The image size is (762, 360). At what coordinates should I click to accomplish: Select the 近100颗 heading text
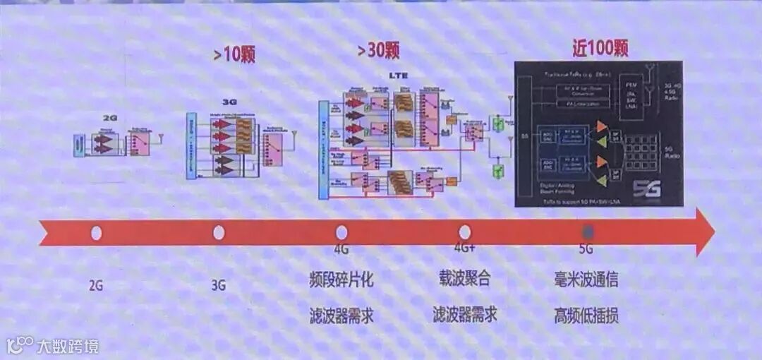(x=600, y=48)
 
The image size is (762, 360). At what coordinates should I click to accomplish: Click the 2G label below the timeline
(x=96, y=286)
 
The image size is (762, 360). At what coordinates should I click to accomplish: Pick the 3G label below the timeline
(x=219, y=286)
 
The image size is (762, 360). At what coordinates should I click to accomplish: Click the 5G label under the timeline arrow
(x=586, y=248)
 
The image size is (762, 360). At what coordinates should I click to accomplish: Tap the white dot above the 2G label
(x=97, y=232)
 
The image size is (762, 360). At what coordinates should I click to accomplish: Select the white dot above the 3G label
(x=219, y=232)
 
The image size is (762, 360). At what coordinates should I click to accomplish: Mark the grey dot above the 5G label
(x=587, y=232)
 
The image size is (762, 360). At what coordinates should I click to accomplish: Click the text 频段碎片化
(x=341, y=280)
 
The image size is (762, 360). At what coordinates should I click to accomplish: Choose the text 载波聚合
(x=464, y=279)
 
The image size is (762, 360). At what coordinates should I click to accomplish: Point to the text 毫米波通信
(x=586, y=280)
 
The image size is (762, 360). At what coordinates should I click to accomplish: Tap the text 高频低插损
(x=586, y=316)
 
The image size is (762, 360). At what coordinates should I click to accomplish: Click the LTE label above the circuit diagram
(x=399, y=75)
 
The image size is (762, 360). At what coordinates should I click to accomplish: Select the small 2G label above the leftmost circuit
(x=109, y=118)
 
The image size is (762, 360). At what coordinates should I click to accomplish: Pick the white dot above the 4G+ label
(x=464, y=232)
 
